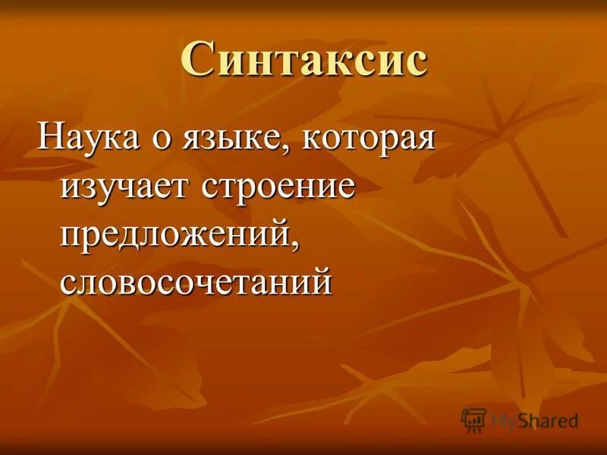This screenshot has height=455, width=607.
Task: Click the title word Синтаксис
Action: [x=304, y=60]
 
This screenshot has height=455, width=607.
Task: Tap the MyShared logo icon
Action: [x=474, y=419]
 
